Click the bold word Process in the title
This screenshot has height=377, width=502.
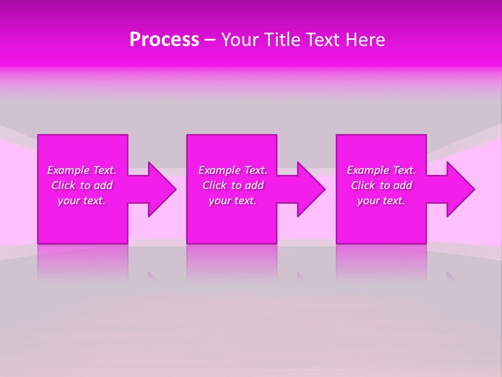pyautogui.click(x=164, y=40)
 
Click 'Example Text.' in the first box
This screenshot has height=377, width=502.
pyautogui.click(x=82, y=170)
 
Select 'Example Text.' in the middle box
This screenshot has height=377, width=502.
pyautogui.click(x=233, y=170)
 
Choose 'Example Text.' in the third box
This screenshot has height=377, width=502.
pyautogui.click(x=381, y=170)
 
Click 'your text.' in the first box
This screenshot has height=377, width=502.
pyautogui.click(x=82, y=201)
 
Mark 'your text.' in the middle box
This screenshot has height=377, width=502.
pyautogui.click(x=233, y=201)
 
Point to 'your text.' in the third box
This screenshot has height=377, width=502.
pyautogui.click(x=381, y=201)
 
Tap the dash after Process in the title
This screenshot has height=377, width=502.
pyautogui.click(x=210, y=40)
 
